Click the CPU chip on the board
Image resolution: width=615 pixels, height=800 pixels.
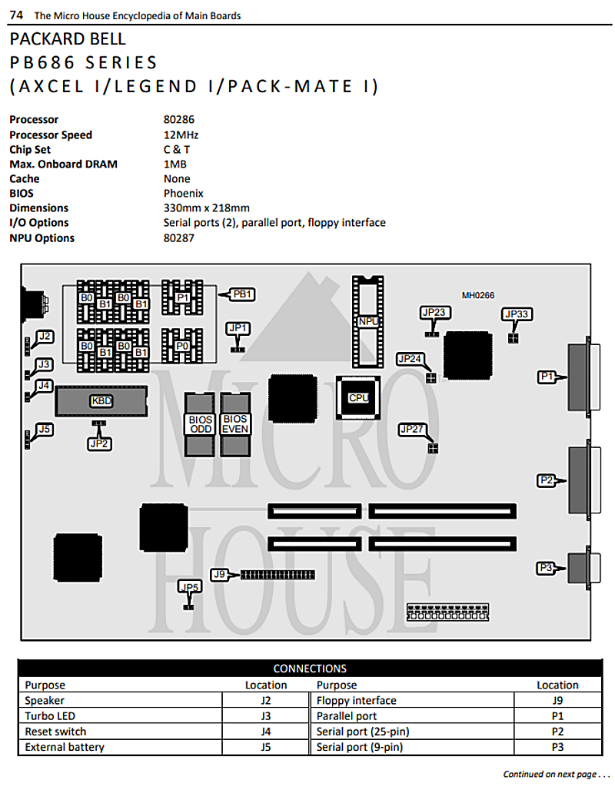click(x=357, y=398)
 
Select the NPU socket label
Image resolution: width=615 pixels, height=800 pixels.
click(x=368, y=321)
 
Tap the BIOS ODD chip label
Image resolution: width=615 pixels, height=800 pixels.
click(x=200, y=424)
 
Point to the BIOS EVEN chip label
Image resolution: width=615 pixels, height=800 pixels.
click(x=234, y=424)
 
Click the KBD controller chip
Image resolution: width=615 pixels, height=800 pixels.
click(x=101, y=401)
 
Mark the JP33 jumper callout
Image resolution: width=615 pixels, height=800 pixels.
click(x=517, y=314)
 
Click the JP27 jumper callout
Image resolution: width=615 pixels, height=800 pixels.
click(x=412, y=429)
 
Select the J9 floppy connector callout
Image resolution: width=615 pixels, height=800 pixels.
click(x=219, y=575)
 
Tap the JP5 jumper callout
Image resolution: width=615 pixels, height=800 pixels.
click(x=189, y=586)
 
